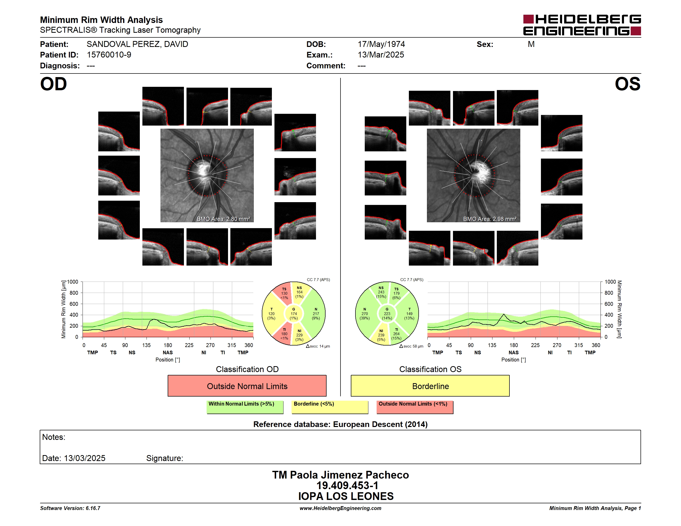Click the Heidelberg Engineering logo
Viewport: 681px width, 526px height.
click(x=582, y=25)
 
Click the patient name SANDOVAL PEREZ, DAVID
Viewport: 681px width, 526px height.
click(x=137, y=44)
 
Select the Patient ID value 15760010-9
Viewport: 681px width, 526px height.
click(x=109, y=55)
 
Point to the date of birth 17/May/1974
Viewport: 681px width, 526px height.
click(x=381, y=44)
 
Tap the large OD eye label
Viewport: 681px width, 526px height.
click(x=53, y=84)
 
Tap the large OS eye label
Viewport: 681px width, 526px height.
click(x=627, y=84)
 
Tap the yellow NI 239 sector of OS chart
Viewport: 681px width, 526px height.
click(x=381, y=335)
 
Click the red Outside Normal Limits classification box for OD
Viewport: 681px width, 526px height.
click(x=247, y=386)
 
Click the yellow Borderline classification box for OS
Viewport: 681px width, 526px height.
click(x=430, y=386)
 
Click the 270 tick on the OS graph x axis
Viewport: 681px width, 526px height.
click(x=557, y=345)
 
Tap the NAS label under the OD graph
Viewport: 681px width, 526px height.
click(x=168, y=352)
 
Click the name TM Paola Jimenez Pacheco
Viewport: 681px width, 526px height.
click(x=340, y=475)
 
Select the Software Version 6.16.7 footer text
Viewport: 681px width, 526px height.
click(x=70, y=508)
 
